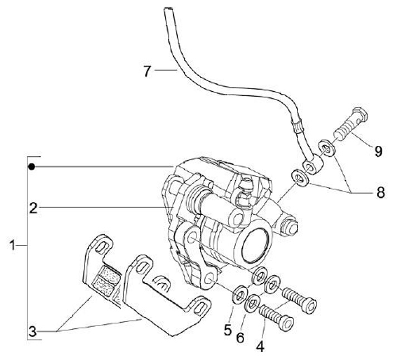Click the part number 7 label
[146, 71]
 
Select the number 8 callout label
[380, 193]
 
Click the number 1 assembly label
[12, 245]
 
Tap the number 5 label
[227, 329]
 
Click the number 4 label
[259, 346]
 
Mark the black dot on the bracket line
[33, 166]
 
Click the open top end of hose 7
[167, 9]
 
